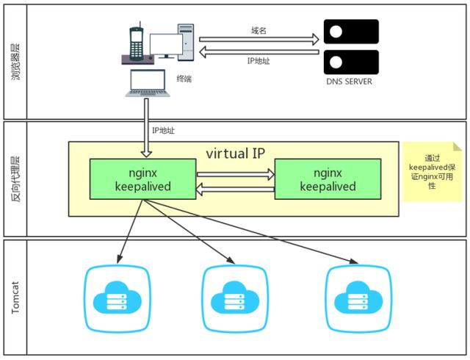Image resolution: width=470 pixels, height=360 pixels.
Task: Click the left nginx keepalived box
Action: click(142, 179)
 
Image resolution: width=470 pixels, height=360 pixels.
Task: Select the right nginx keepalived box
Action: click(328, 179)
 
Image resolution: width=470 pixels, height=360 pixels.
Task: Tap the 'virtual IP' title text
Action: click(235, 154)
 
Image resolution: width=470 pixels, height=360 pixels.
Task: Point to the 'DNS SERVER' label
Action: click(349, 82)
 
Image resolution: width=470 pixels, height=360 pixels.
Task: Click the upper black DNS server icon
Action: click(350, 32)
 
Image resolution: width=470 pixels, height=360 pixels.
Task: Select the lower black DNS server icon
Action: click(350, 62)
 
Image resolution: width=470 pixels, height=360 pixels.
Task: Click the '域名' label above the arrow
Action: click(258, 30)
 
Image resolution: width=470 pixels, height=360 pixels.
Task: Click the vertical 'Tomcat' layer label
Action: click(15, 297)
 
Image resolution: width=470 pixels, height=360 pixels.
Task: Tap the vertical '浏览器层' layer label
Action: click(15, 61)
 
